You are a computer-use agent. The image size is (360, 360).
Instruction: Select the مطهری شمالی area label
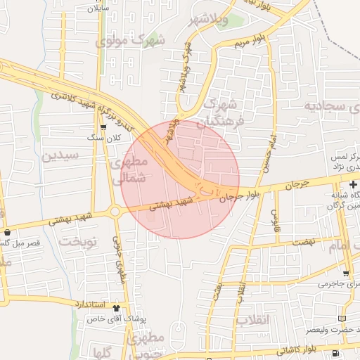(128, 170)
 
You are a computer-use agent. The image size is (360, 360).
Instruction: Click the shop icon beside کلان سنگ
(104, 127)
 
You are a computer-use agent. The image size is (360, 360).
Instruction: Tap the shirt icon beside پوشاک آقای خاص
(115, 307)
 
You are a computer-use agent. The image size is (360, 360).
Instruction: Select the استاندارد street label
(89, 304)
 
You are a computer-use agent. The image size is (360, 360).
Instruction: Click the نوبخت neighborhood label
(77, 241)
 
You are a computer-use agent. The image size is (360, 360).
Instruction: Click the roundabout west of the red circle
(114, 212)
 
